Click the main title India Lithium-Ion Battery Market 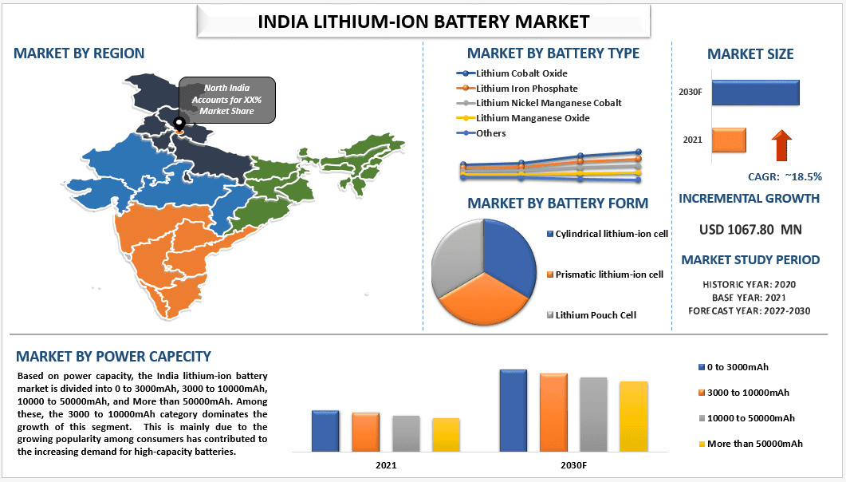[x=423, y=22]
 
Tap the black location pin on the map [x=179, y=124]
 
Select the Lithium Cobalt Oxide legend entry [x=521, y=73]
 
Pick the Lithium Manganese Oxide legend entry [x=532, y=118]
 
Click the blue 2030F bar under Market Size [x=755, y=93]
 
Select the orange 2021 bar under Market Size [x=729, y=140]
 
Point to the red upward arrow [x=782, y=147]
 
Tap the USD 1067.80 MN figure [x=750, y=230]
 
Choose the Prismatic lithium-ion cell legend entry [x=608, y=275]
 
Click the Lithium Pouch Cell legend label [x=596, y=315]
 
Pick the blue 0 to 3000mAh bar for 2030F [x=514, y=410]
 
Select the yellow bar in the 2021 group [x=446, y=434]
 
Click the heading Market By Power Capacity [x=113, y=357]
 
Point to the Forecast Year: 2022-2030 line [x=749, y=310]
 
